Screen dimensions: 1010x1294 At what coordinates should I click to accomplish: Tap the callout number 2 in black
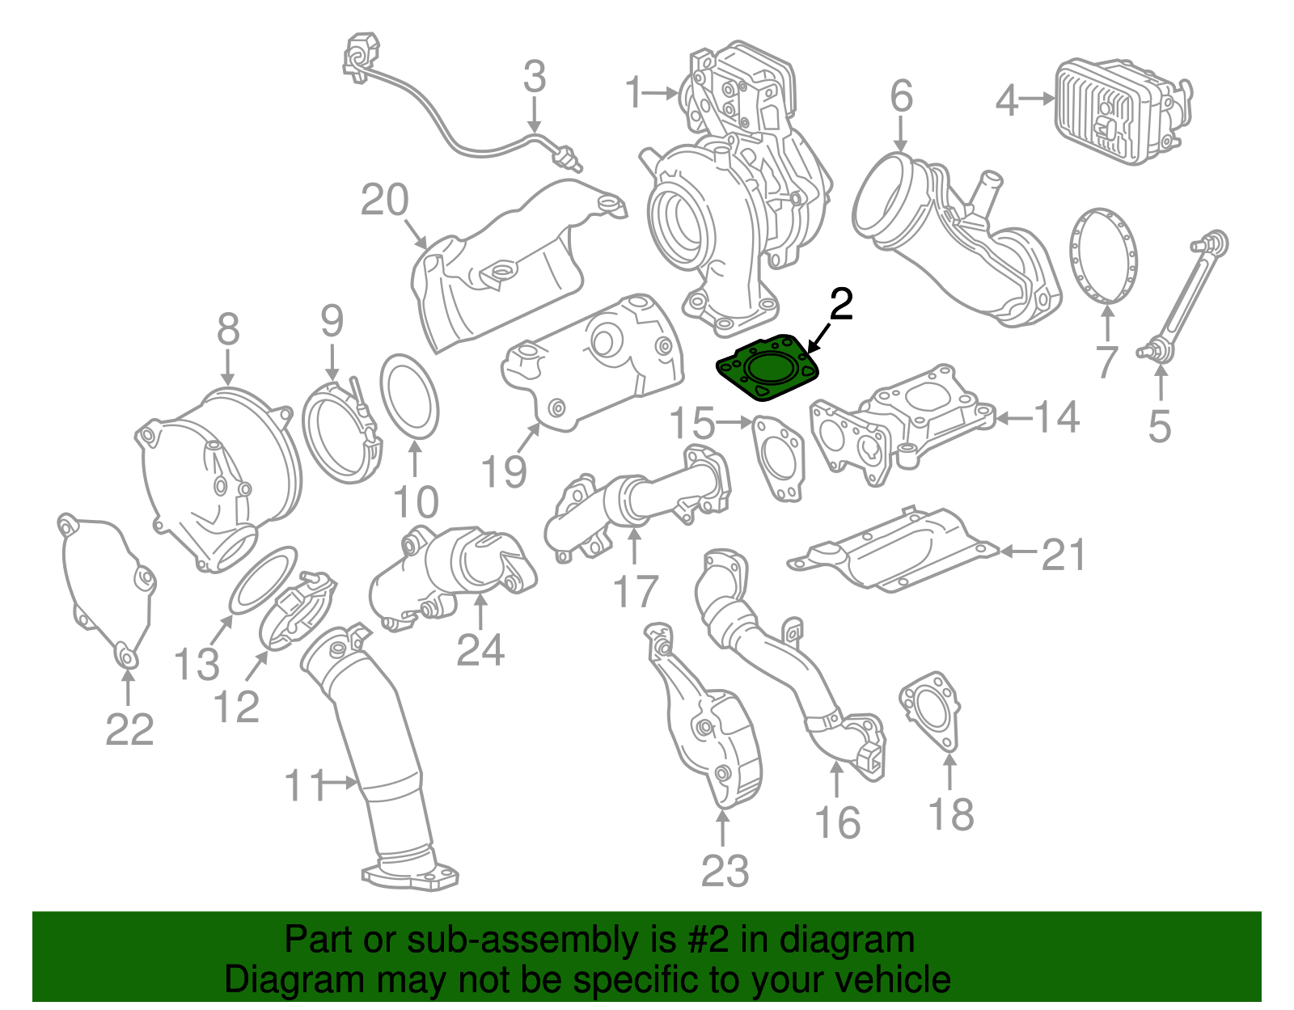[x=841, y=305]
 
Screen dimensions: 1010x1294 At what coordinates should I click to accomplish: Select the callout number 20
[x=384, y=201]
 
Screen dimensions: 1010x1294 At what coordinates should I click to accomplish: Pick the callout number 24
[x=480, y=649]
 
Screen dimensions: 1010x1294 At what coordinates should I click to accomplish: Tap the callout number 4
[x=1006, y=102]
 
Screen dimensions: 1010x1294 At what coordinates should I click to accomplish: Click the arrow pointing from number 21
[x=1020, y=551]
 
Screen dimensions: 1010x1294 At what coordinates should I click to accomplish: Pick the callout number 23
[x=725, y=871]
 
